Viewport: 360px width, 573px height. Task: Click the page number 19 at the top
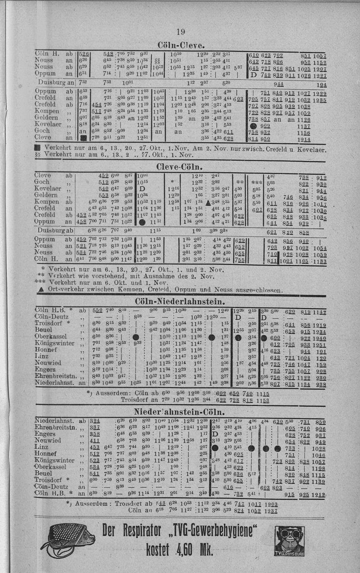tap(180, 32)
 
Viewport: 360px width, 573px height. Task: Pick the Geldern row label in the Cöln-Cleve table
tap(46, 118)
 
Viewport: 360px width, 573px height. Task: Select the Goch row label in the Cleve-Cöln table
tap(42, 182)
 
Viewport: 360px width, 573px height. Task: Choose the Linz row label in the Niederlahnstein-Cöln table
tap(41, 447)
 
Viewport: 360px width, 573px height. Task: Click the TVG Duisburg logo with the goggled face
tap(289, 541)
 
